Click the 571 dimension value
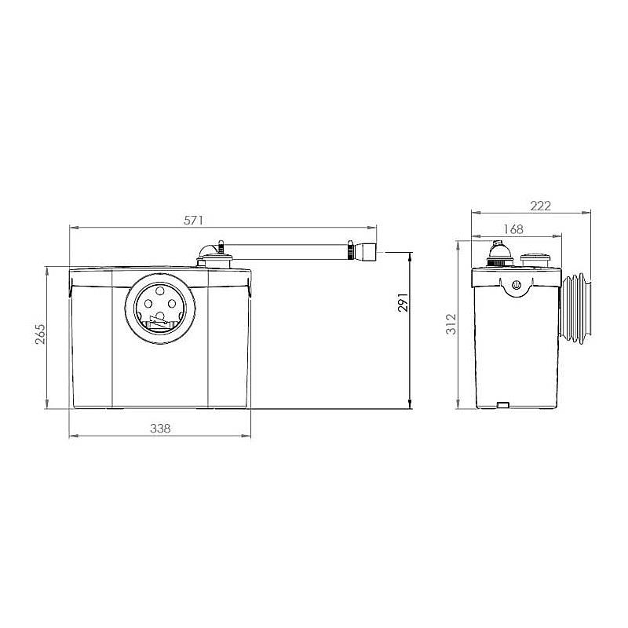click(193, 221)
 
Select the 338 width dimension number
click(160, 429)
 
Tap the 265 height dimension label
click(41, 334)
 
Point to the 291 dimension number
click(403, 303)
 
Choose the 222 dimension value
click(541, 206)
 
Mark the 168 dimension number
click(513, 229)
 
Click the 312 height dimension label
click(451, 324)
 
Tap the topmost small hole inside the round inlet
click(160, 290)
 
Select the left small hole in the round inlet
click(148, 304)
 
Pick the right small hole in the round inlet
click(172, 304)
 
